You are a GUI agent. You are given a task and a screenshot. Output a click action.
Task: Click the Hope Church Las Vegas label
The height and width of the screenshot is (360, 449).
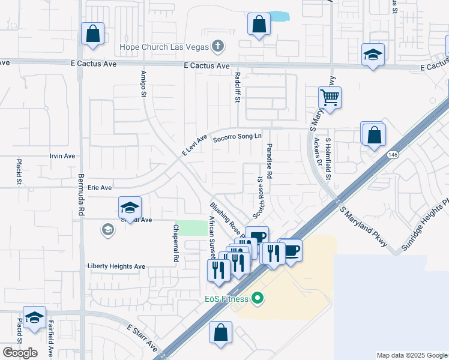pyautogui.click(x=163, y=47)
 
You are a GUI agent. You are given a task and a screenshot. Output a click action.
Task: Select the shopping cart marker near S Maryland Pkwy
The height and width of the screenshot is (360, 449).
pyautogui.click(x=330, y=97)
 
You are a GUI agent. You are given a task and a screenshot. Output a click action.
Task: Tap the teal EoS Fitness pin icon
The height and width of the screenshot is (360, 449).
pyautogui.click(x=258, y=298)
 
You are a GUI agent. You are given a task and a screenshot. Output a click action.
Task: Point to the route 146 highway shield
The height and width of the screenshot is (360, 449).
pyautogui.click(x=393, y=155)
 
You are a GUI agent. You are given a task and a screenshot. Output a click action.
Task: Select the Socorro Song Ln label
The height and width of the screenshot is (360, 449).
pyautogui.click(x=238, y=137)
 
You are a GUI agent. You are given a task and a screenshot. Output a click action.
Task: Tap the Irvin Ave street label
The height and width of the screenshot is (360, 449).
pyautogui.click(x=62, y=156)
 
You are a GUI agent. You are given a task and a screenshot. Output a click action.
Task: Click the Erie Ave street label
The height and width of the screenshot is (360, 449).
pyautogui.click(x=99, y=188)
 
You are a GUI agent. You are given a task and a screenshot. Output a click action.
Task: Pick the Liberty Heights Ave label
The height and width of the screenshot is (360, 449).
pyautogui.click(x=116, y=266)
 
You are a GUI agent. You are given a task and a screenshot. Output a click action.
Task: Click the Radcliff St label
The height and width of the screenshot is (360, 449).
pyautogui.click(x=238, y=87)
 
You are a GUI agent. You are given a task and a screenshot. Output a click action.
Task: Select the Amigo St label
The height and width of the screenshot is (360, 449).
pyautogui.click(x=143, y=83)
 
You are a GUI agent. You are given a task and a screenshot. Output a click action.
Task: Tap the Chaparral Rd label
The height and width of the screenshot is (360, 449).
pyautogui.click(x=176, y=244)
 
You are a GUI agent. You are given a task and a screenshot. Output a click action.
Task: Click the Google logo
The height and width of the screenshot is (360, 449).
pyautogui.click(x=20, y=353)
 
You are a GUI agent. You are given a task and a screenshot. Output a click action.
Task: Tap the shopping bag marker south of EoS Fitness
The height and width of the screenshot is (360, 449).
pyautogui.click(x=221, y=333)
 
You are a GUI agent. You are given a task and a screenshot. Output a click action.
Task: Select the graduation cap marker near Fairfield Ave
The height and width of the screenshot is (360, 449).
pyautogui.click(x=34, y=318)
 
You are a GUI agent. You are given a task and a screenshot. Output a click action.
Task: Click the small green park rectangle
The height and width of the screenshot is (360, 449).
pyautogui.click(x=193, y=228)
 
